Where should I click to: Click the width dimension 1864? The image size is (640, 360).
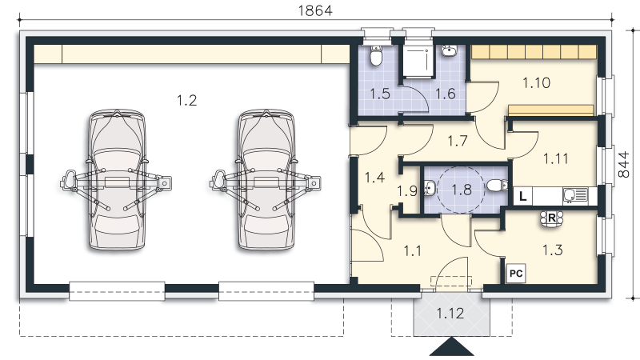(x=315, y=10)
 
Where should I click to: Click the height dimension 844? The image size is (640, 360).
(x=624, y=165)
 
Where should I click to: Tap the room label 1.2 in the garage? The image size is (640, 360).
(x=187, y=100)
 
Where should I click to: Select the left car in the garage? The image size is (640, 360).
(x=116, y=179)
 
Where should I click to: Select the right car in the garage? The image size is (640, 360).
(x=266, y=179)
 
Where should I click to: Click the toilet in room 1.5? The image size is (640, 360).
(x=376, y=56)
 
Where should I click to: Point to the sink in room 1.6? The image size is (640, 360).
(x=449, y=50)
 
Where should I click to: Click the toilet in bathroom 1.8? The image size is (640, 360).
(x=497, y=186)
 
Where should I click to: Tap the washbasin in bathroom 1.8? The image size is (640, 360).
(x=430, y=189)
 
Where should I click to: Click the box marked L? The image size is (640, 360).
(x=522, y=197)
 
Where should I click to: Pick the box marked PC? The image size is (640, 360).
(x=516, y=273)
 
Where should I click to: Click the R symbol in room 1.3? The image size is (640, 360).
(x=551, y=218)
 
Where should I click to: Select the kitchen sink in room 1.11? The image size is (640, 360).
(x=575, y=195)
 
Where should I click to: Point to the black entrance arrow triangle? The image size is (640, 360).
(x=451, y=347)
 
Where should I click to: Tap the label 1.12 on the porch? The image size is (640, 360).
(x=450, y=314)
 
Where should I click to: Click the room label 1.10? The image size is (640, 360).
(x=536, y=83)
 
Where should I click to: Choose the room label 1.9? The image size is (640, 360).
(x=407, y=190)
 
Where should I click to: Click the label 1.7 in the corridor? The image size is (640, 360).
(x=457, y=142)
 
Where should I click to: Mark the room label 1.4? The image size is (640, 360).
(x=374, y=178)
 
